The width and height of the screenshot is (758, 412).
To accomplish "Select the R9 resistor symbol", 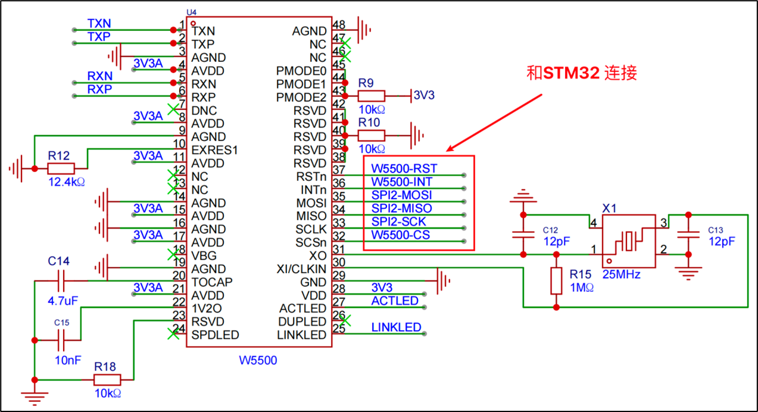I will [372, 95].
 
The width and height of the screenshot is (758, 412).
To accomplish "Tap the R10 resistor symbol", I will [372, 135].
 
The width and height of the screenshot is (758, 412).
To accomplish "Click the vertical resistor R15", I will [556, 281].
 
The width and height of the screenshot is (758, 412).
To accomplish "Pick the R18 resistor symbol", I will [108, 380].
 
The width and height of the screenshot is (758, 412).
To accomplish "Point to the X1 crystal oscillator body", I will [629, 242].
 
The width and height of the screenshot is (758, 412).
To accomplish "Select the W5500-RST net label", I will [404, 169].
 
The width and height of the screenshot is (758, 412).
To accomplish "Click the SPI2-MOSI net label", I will [401, 195].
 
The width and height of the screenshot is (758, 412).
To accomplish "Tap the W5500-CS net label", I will [400, 235].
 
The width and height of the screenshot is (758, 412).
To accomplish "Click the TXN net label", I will [99, 23].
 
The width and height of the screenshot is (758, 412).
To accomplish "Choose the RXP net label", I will [99, 89].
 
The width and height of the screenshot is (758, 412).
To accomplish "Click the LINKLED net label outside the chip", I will [396, 327].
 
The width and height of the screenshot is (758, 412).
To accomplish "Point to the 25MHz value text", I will [621, 274].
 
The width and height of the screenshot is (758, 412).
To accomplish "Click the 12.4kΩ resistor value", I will [67, 182].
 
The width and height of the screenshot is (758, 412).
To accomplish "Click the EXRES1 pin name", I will [214, 150].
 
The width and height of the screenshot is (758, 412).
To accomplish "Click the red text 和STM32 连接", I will [582, 73].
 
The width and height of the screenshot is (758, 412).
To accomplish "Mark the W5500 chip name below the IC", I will [258, 360].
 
